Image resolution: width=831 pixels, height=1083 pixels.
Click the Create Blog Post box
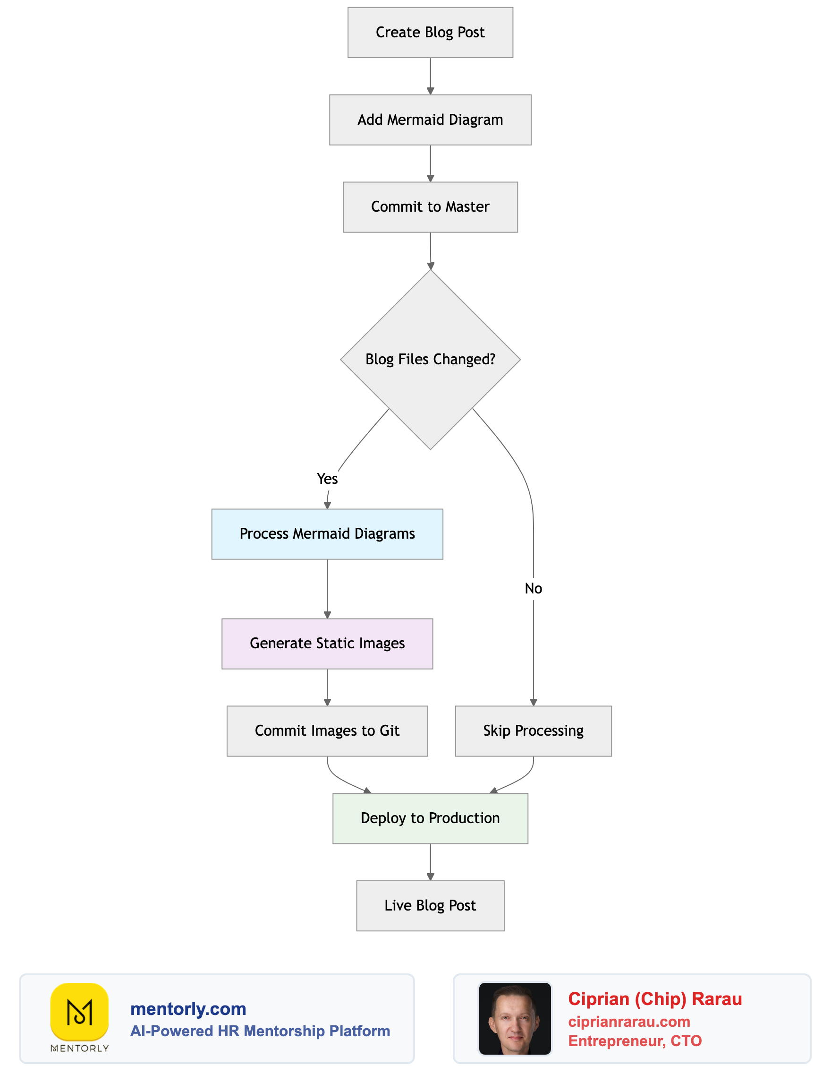coord(430,33)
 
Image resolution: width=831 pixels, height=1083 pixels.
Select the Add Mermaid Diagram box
coord(430,120)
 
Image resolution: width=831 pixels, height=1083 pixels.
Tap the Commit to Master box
coord(430,207)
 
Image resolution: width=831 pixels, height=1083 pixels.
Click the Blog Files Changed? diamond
coord(430,360)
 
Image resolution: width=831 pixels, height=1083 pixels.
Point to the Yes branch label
coord(327,479)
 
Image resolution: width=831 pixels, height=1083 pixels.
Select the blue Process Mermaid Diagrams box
coord(327,533)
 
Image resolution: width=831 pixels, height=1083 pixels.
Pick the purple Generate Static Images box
coord(327,643)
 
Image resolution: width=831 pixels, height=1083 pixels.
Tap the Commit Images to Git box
coord(327,731)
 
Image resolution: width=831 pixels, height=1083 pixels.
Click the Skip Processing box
coord(533,731)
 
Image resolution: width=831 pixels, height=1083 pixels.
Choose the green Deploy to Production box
coord(430,818)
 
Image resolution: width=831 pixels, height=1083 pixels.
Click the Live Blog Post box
coord(430,905)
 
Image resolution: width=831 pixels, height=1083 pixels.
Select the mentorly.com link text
coord(188,1008)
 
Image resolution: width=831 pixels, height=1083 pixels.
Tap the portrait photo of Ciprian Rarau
coord(515,1018)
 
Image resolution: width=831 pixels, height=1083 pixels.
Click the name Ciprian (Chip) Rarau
coord(654,999)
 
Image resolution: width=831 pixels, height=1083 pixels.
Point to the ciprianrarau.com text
coord(629,1021)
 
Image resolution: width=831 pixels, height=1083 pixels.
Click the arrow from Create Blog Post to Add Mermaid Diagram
coord(430,75)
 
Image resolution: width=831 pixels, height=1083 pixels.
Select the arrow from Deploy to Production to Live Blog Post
coord(430,861)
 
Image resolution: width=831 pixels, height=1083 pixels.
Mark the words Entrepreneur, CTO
coord(635,1040)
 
